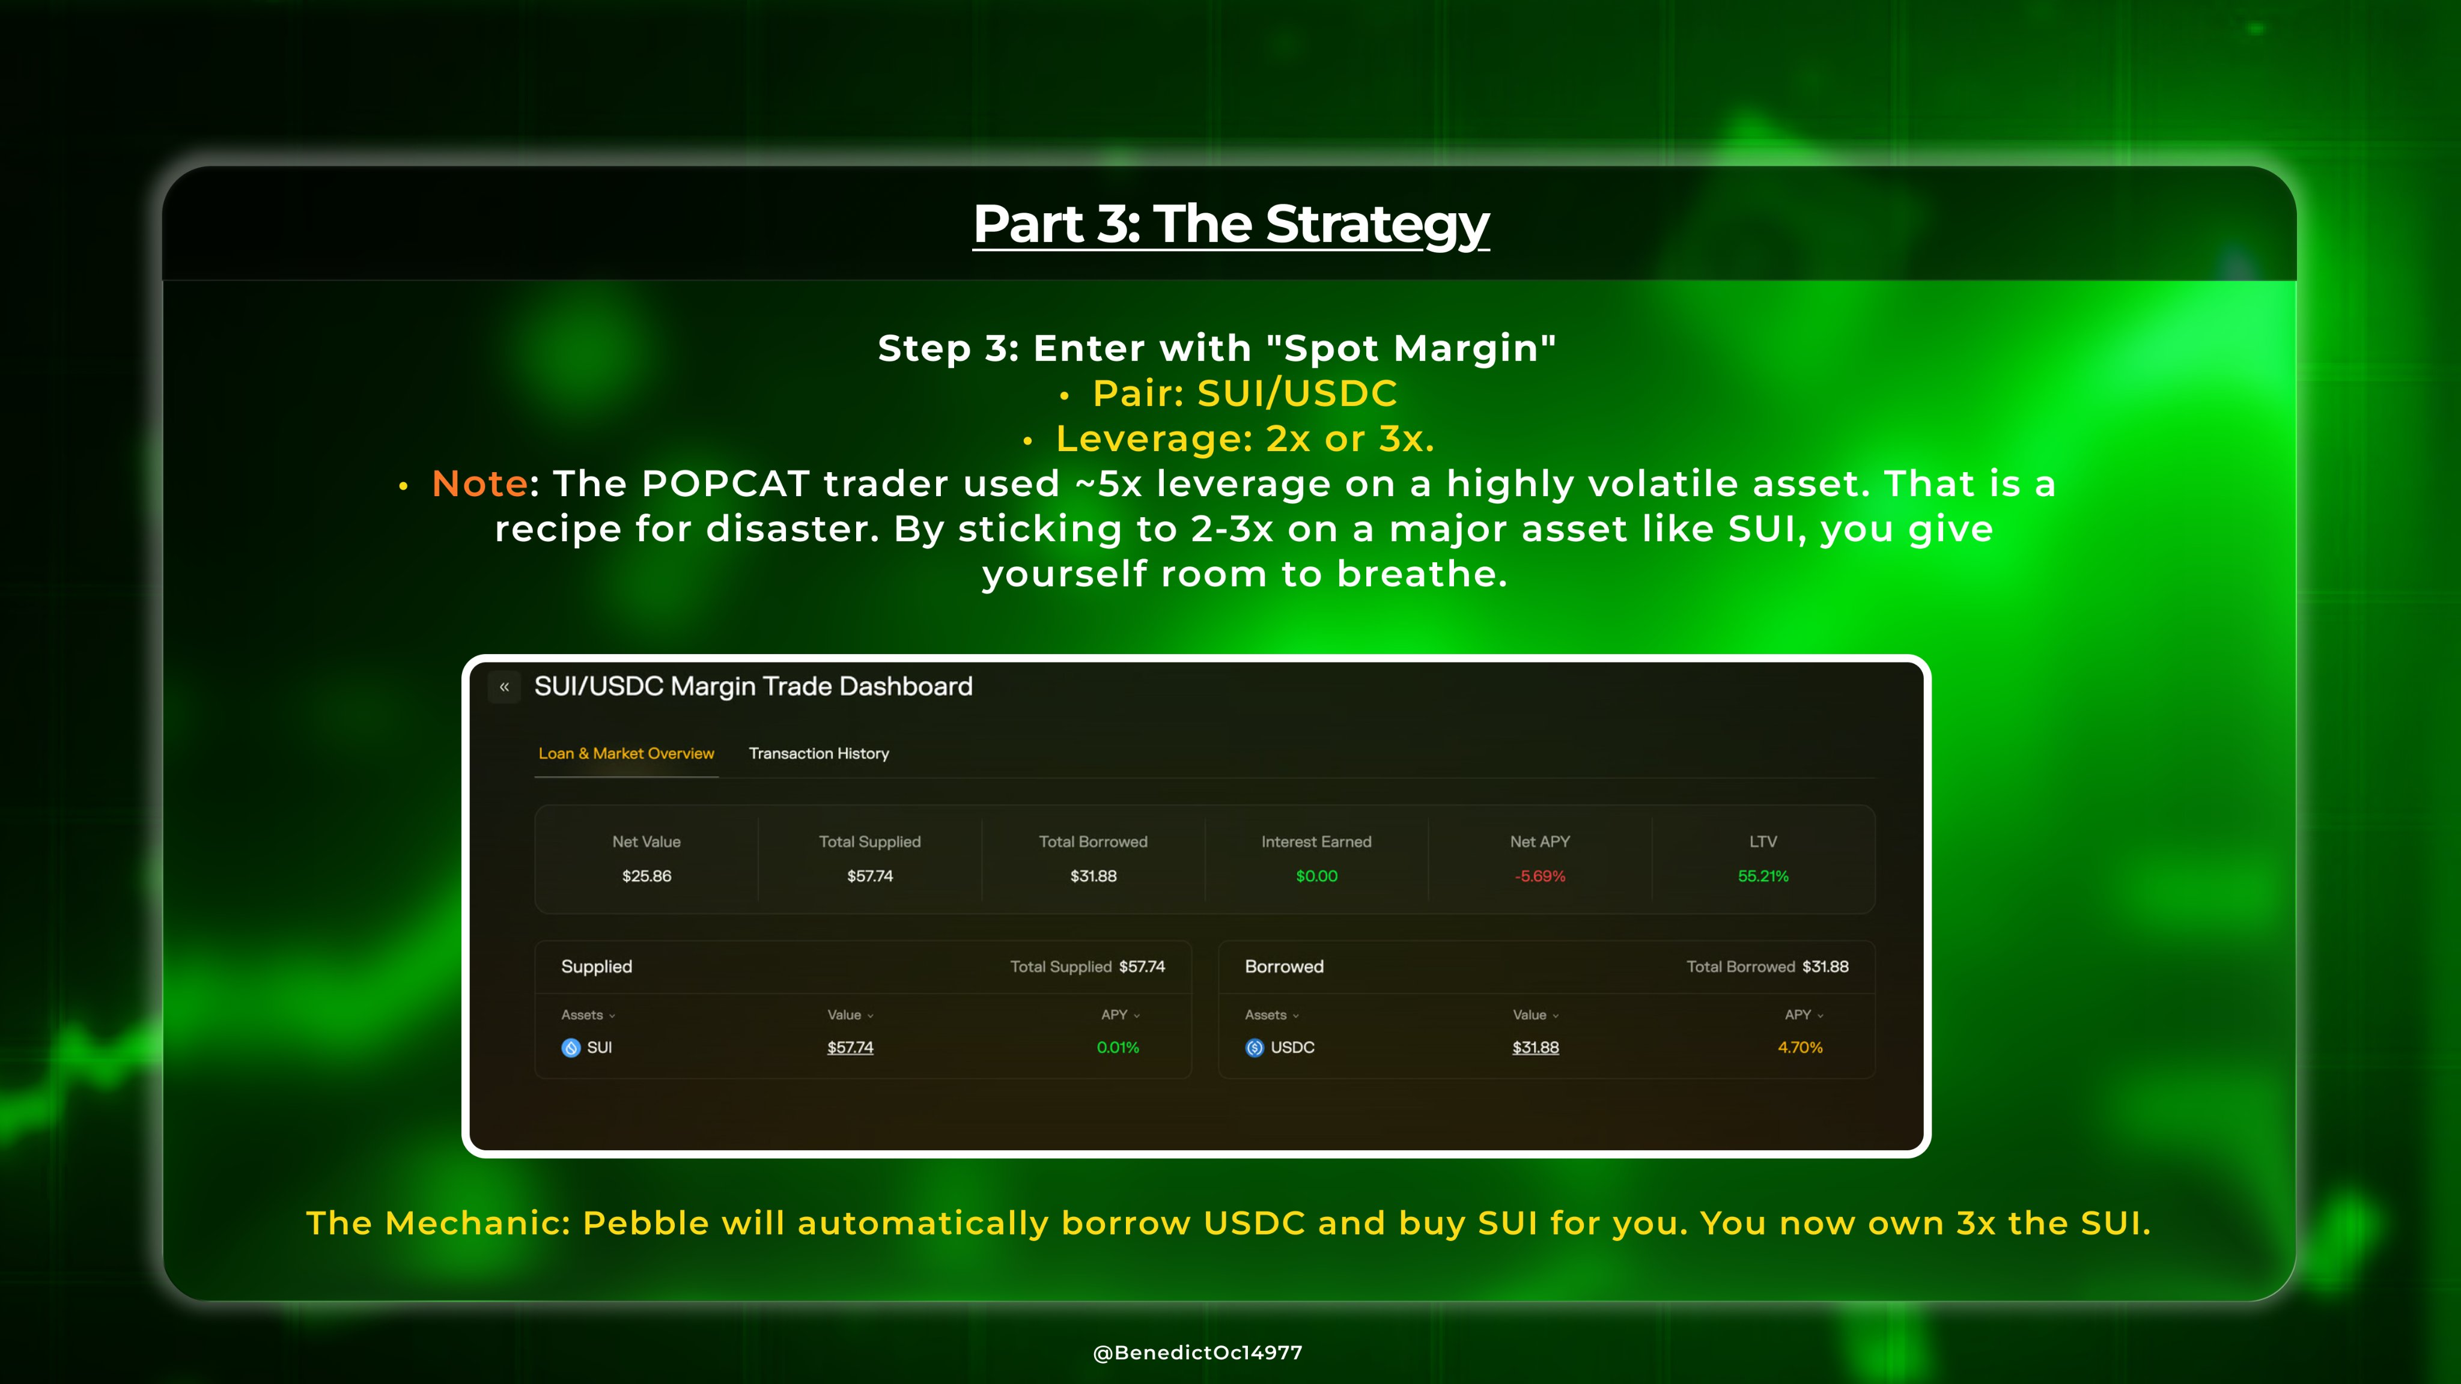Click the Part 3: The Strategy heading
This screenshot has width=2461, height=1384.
click(1230, 225)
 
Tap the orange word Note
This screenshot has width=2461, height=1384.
click(479, 484)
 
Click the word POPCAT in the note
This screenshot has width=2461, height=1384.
click(725, 484)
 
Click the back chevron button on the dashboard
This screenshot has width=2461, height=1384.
click(505, 687)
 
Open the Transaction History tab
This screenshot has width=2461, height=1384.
click(819, 754)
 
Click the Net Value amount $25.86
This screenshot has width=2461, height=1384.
click(646, 876)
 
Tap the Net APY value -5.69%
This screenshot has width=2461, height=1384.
click(1540, 876)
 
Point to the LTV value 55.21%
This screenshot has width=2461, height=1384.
click(1763, 876)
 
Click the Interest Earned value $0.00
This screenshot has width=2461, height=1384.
click(1316, 876)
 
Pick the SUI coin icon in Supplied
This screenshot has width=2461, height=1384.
click(571, 1048)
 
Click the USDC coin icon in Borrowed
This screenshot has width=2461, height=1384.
click(1255, 1048)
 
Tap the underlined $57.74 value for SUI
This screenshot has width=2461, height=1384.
click(850, 1048)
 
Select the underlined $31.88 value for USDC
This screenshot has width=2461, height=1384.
click(1535, 1048)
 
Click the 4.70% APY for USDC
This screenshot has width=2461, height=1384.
click(1800, 1048)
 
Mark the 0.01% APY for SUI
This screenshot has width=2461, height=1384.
click(1118, 1048)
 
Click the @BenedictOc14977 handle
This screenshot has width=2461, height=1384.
click(1198, 1353)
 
